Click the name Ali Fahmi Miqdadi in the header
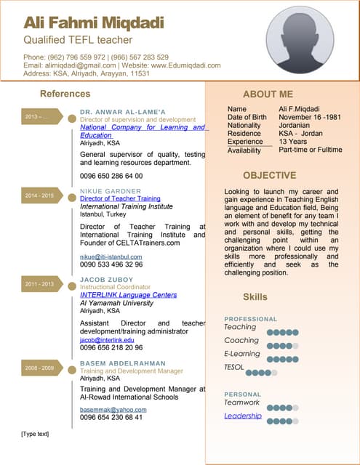[94, 22]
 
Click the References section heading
[65, 94]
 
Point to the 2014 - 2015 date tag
[40, 196]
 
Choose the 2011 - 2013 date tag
[40, 284]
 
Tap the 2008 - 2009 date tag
[40, 368]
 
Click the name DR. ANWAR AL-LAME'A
[123, 111]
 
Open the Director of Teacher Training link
[120, 198]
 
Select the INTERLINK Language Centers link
[128, 295]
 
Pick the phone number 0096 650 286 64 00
[111, 176]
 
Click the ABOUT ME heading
[268, 94]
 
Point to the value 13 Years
[293, 142]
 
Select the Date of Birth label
[247, 117]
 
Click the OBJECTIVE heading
[269, 175]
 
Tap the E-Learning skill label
[242, 354]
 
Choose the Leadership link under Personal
[243, 416]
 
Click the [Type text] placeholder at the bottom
[35, 434]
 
